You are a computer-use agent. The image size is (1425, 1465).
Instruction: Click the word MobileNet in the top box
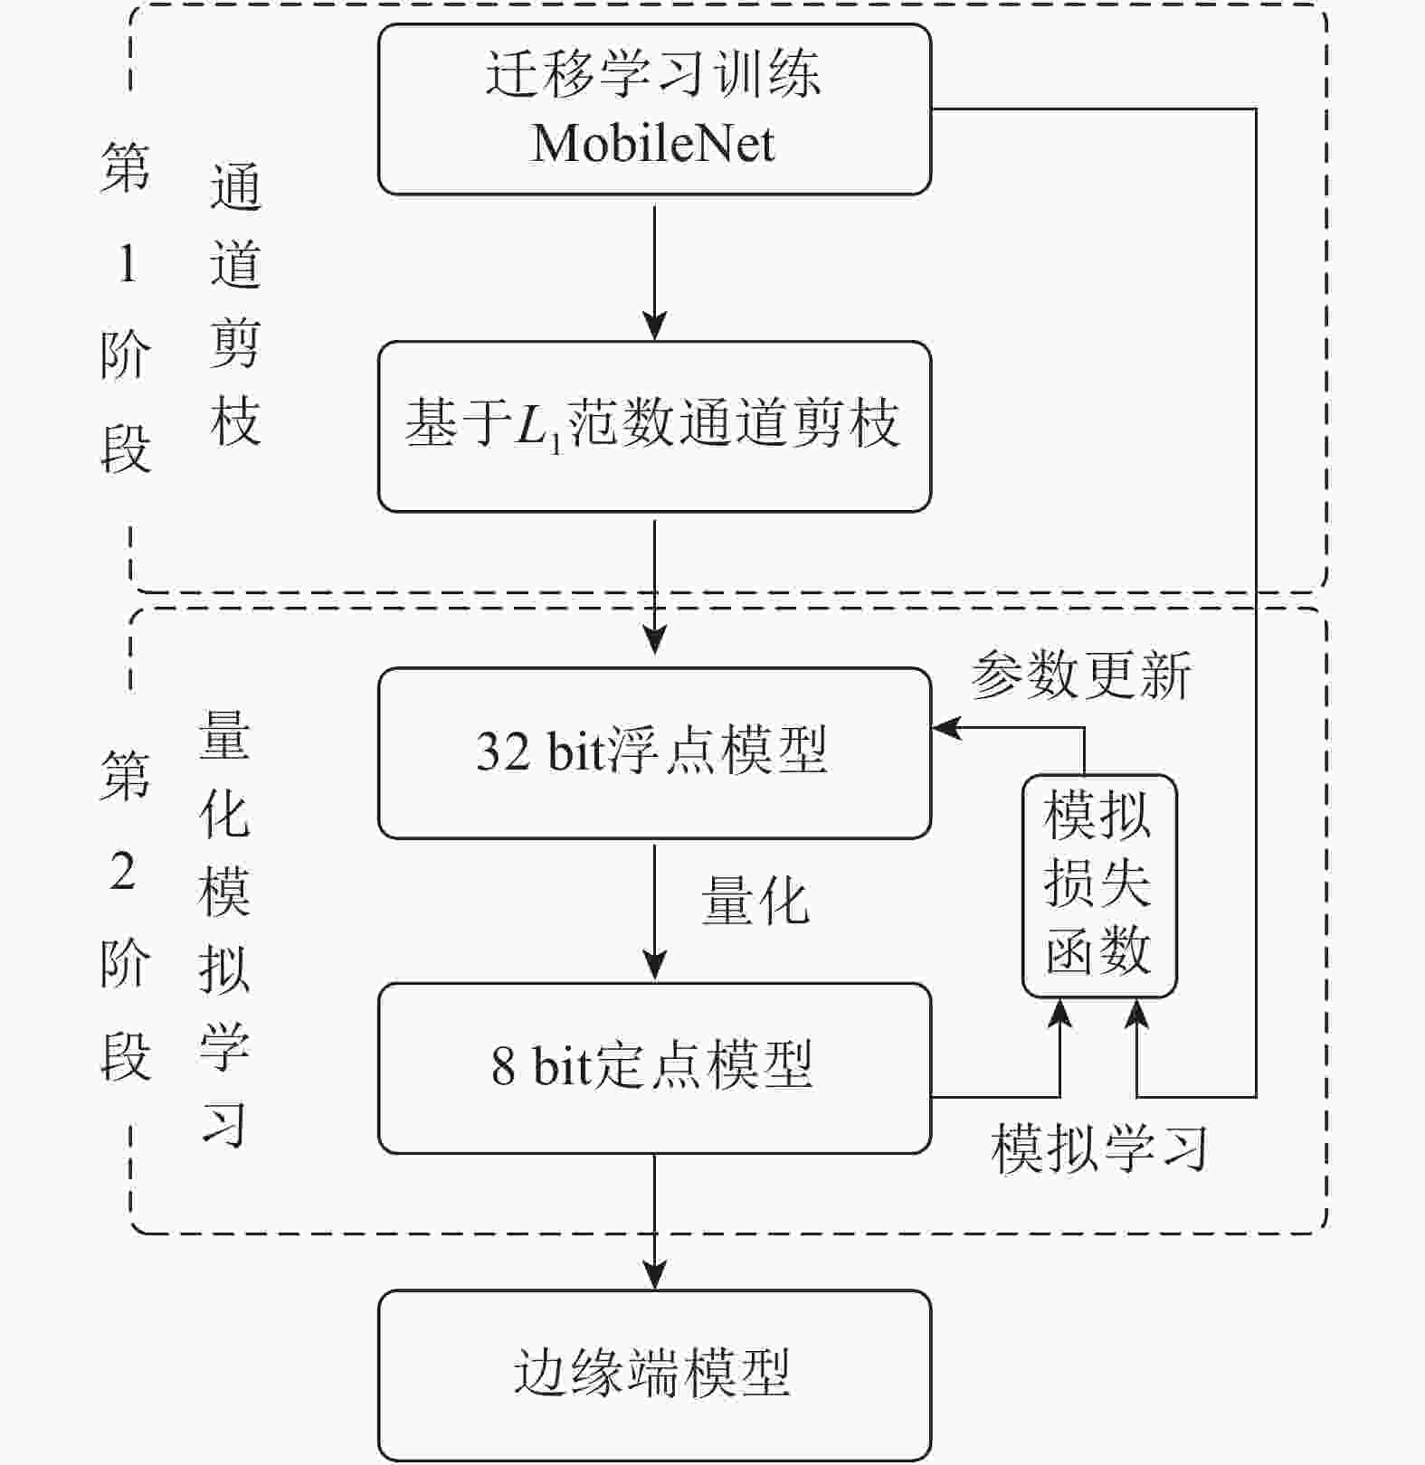point(652,144)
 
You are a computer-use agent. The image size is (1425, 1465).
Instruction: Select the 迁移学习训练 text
point(652,72)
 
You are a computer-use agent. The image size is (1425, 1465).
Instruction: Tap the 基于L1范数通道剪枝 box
point(654,426)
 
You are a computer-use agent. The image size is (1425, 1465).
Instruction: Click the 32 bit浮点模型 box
point(654,752)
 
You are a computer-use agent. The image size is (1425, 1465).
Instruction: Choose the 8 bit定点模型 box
point(654,1067)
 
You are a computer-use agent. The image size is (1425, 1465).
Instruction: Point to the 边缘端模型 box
point(654,1374)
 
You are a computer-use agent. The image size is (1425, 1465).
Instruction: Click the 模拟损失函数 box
point(1098,884)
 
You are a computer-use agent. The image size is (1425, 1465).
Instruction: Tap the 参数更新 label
point(1081,675)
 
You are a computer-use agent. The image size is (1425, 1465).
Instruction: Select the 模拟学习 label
point(1099,1148)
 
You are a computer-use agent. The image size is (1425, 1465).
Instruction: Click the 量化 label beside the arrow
point(755,903)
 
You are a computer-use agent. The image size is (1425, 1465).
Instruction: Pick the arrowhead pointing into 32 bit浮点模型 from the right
point(945,727)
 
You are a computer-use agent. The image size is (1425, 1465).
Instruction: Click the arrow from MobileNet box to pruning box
point(654,271)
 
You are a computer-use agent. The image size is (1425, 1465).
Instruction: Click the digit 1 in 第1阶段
point(127,264)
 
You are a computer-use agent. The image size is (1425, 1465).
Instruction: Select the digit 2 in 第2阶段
point(124,872)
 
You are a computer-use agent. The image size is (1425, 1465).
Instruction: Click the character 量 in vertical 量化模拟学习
point(223,734)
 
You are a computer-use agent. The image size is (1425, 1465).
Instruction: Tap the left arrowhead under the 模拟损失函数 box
point(1059,1013)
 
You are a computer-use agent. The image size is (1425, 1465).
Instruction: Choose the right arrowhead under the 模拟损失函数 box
point(1136,1013)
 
